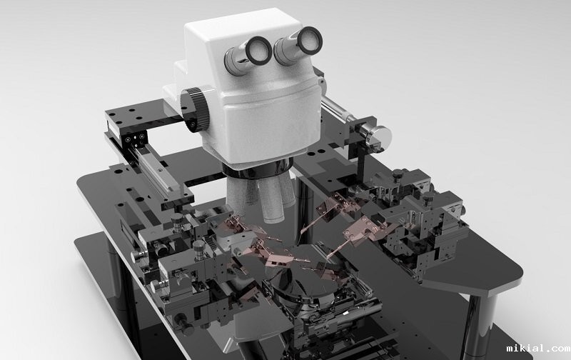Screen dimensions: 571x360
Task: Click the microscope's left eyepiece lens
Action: coord(258,50)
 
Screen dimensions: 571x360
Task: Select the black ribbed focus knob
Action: coord(195,109)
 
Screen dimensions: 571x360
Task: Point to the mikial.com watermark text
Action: coord(538,349)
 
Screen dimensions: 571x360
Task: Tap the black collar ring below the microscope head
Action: coord(257,170)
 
